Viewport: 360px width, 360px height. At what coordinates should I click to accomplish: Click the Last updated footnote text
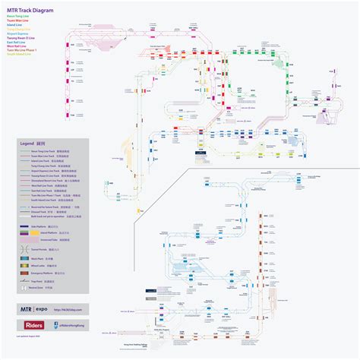click(33, 335)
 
